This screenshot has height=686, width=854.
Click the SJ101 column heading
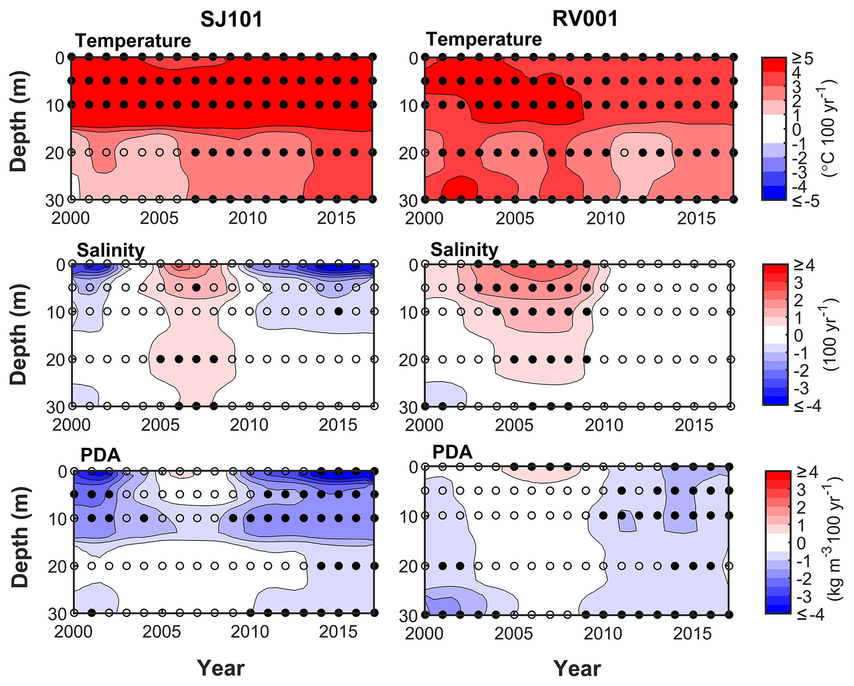231,19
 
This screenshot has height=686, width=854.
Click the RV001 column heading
585,19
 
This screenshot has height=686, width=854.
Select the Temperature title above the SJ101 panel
133,40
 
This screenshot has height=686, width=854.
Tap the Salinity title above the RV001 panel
464,250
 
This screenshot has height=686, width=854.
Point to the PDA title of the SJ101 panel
100,455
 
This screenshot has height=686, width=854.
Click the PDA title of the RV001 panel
452,452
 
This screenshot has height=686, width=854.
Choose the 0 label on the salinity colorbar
798,336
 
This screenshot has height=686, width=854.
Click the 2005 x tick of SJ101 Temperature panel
159,218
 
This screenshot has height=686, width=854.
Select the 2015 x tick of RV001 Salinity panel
694,425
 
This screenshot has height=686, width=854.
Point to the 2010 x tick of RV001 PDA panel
603,633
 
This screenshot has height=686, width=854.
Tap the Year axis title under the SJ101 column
221,668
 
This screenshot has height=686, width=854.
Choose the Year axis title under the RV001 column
577,668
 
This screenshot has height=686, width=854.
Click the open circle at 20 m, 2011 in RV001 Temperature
624,152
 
